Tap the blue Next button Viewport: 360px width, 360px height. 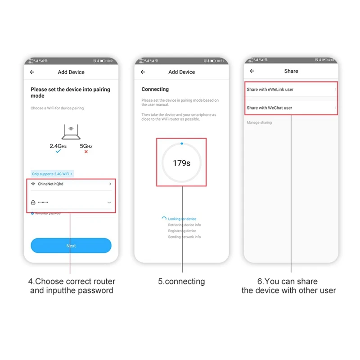(x=71, y=246)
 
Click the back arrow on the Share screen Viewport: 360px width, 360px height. (x=252, y=71)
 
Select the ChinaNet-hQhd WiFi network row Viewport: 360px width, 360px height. (x=71, y=184)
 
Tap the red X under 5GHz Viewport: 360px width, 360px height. (x=86, y=152)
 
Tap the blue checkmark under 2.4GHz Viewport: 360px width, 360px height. (x=58, y=152)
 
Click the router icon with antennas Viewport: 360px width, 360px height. (x=71, y=133)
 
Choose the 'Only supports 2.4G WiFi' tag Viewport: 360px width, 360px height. (x=52, y=174)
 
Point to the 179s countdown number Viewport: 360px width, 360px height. (x=181, y=163)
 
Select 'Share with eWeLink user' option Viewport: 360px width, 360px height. (x=291, y=90)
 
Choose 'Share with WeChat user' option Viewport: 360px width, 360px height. (x=291, y=108)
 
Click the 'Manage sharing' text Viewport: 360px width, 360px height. (x=259, y=122)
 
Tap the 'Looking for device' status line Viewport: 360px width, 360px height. (x=182, y=219)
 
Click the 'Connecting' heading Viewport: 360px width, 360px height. (x=155, y=90)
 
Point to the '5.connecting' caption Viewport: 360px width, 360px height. (x=181, y=282)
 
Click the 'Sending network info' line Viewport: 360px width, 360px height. (x=184, y=237)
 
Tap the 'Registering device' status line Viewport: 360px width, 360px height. (x=182, y=231)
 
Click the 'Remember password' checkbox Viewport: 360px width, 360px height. (x=32, y=213)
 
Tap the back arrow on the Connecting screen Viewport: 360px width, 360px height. (x=143, y=72)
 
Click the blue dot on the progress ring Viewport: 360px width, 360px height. (x=181, y=144)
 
